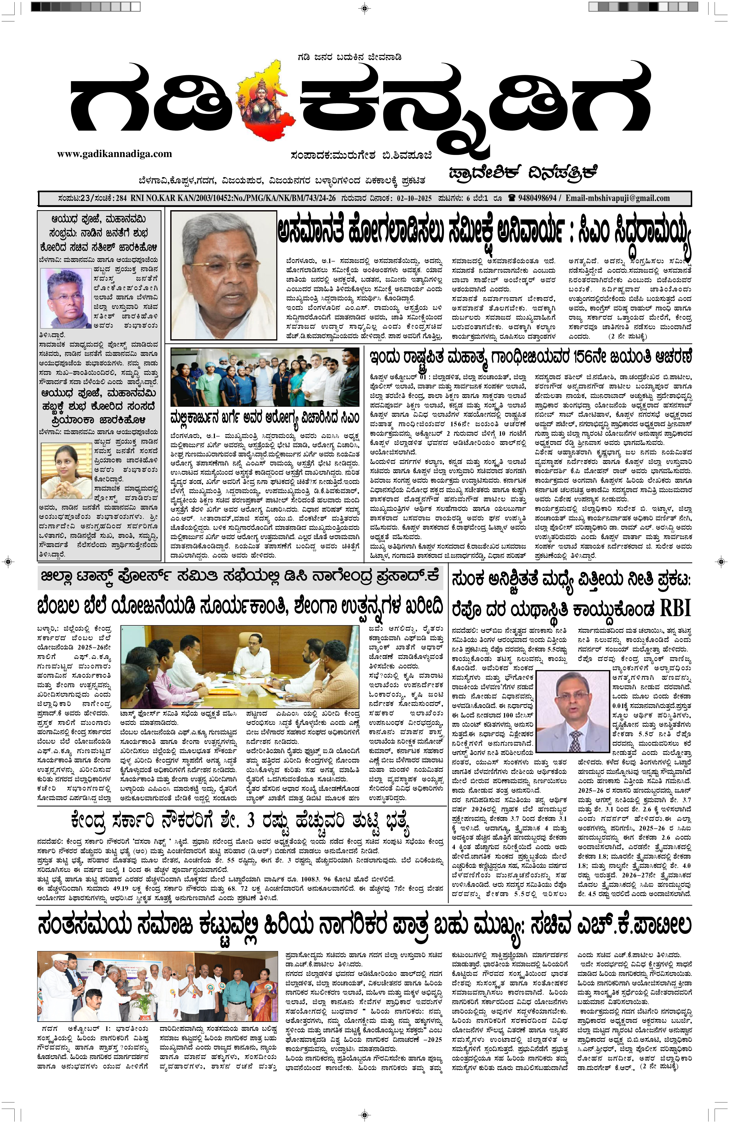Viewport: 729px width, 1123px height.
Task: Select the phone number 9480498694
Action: click(x=537, y=198)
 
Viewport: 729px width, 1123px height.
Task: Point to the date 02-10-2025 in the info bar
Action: click(x=414, y=198)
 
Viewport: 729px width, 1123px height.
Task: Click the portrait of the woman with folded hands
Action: click(x=66, y=470)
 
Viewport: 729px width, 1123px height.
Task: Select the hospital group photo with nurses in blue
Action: click(x=264, y=377)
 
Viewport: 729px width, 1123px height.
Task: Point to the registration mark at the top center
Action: click(x=364, y=7)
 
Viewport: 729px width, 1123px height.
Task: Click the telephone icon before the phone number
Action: click(x=511, y=198)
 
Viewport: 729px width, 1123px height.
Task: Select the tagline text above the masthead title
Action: click(x=349, y=57)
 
